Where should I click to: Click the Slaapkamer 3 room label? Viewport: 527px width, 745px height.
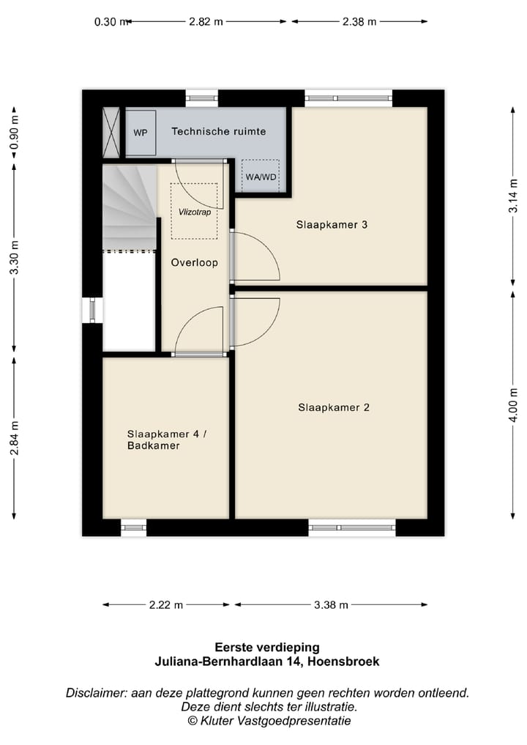point(332,225)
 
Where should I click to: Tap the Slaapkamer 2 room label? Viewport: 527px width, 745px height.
point(334,407)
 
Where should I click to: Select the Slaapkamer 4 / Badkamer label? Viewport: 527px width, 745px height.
point(167,440)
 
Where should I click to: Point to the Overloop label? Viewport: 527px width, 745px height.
point(194,263)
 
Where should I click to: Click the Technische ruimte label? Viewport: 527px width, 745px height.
point(219,131)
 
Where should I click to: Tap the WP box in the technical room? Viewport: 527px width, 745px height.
point(141,133)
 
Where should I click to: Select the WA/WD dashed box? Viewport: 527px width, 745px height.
point(261,176)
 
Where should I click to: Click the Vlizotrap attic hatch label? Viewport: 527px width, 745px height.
point(195,212)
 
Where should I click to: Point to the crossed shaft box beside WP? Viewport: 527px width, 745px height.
point(111,133)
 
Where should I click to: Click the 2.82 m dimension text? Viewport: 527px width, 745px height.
point(206,21)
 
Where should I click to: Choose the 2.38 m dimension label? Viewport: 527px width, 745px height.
point(359,21)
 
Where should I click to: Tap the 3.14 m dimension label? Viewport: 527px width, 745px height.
point(513,196)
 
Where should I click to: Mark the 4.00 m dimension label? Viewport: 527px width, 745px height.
point(513,405)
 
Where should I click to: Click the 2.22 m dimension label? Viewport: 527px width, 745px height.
point(166,605)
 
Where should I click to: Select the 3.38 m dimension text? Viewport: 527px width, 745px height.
point(331,605)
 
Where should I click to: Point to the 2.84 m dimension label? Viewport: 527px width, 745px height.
point(14,438)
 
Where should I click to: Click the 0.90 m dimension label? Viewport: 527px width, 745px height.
point(14,133)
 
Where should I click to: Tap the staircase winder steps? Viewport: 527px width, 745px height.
point(129,207)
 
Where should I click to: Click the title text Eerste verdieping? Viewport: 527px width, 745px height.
point(267,647)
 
